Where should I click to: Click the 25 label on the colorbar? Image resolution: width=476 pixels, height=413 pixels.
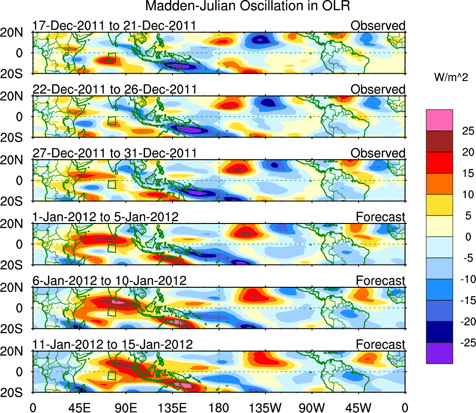point(466,131)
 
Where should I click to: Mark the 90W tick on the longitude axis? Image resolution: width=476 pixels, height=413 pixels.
point(312,406)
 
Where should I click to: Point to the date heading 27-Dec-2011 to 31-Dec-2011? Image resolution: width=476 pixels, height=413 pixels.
point(115,153)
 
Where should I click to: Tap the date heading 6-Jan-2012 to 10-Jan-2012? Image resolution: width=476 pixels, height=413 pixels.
point(110,281)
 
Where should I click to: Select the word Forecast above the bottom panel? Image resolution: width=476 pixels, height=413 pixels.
point(381,345)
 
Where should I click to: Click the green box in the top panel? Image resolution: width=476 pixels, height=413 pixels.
point(111,58)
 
